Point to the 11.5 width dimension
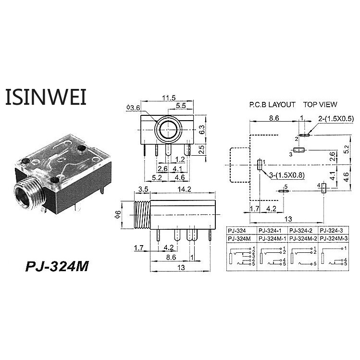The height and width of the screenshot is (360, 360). pyautogui.click(x=168, y=98)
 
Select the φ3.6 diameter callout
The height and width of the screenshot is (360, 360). pyautogui.click(x=133, y=108)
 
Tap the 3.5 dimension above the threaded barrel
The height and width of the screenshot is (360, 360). pyautogui.click(x=143, y=189)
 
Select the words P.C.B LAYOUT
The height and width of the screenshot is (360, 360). pyautogui.click(x=272, y=104)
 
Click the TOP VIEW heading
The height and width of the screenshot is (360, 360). pyautogui.click(x=320, y=104)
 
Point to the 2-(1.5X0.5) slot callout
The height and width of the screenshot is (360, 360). pyautogui.click(x=336, y=118)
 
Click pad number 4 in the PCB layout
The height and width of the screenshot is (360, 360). pyautogui.click(x=323, y=188)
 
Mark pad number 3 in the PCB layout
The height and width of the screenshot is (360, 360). pyautogui.click(x=299, y=150)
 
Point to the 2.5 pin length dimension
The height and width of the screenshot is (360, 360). pyautogui.click(x=202, y=149)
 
